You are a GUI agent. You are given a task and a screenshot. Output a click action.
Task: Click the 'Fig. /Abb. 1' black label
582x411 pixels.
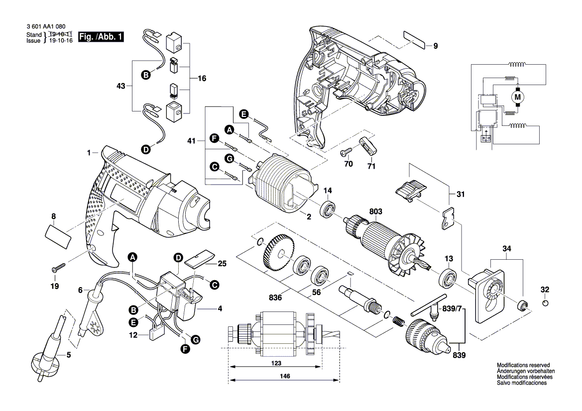coord(100,37)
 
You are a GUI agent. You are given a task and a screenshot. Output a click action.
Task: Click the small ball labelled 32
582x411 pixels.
coord(545,303)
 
